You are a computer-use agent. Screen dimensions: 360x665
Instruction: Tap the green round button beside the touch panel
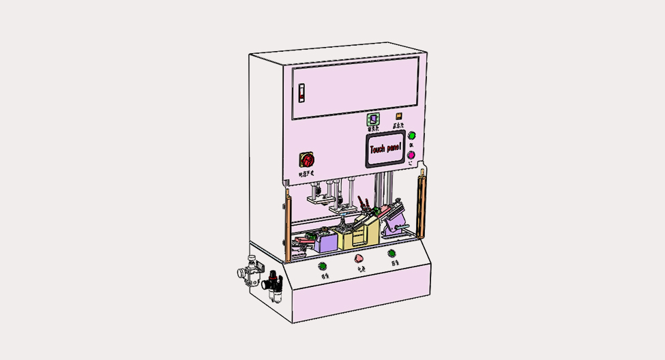[411, 137]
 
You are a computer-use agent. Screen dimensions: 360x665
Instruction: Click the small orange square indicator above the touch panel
[399, 117]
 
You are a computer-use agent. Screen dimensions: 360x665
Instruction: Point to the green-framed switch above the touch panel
[374, 119]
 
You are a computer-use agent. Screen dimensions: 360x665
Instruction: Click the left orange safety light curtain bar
[288, 225]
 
